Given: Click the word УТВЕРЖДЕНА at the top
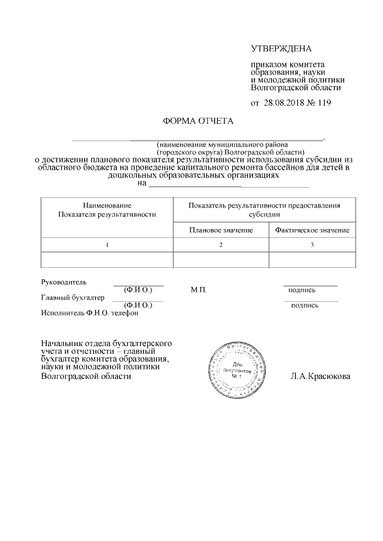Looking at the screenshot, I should click(281, 48).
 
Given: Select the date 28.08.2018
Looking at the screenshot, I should click(284, 102).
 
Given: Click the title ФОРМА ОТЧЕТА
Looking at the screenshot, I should click(198, 121).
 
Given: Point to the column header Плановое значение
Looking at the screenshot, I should click(220, 231).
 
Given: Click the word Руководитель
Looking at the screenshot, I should click(64, 282).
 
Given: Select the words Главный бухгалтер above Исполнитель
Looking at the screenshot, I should click(73, 297).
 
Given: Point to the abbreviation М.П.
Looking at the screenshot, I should click(199, 290).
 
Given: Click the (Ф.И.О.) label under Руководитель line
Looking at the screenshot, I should click(138, 290).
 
